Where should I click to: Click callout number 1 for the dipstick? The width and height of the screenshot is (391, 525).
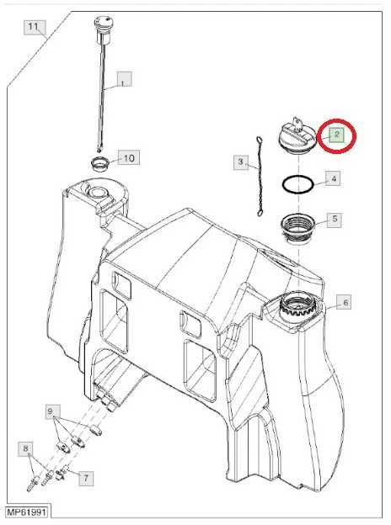tap(124, 79)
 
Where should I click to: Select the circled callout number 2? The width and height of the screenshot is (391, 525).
tap(336, 135)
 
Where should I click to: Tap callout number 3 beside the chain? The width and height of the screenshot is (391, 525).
tap(241, 162)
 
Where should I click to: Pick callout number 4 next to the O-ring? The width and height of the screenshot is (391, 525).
tap(333, 178)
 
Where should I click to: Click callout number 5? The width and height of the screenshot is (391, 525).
tap(335, 220)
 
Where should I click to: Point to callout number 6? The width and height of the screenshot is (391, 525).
tap(345, 302)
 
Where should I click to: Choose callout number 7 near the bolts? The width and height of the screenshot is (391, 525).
tap(86, 478)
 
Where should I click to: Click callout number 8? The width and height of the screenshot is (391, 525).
tap(26, 448)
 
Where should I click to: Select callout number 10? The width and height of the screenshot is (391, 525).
tap(129, 157)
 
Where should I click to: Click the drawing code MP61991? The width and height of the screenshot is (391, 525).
tap(27, 512)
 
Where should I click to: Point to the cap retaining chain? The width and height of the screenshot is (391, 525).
tap(260, 177)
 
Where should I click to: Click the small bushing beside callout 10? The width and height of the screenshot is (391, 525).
tap(100, 163)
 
